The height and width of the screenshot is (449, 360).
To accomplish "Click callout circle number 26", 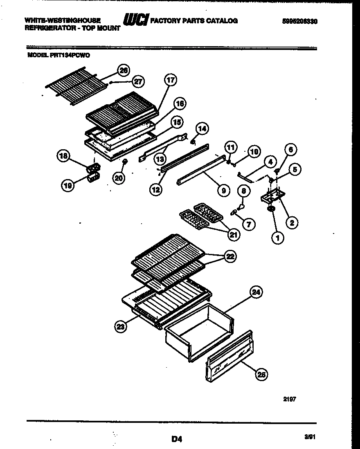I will click(x=123, y=70).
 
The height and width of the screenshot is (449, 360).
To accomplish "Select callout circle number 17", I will click(x=171, y=81).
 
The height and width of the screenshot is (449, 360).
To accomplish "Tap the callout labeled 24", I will click(x=256, y=292).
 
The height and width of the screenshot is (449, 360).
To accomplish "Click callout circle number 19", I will click(x=68, y=186).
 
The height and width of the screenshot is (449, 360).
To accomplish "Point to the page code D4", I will click(x=176, y=439).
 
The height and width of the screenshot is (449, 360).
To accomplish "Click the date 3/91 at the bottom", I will click(x=310, y=437).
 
